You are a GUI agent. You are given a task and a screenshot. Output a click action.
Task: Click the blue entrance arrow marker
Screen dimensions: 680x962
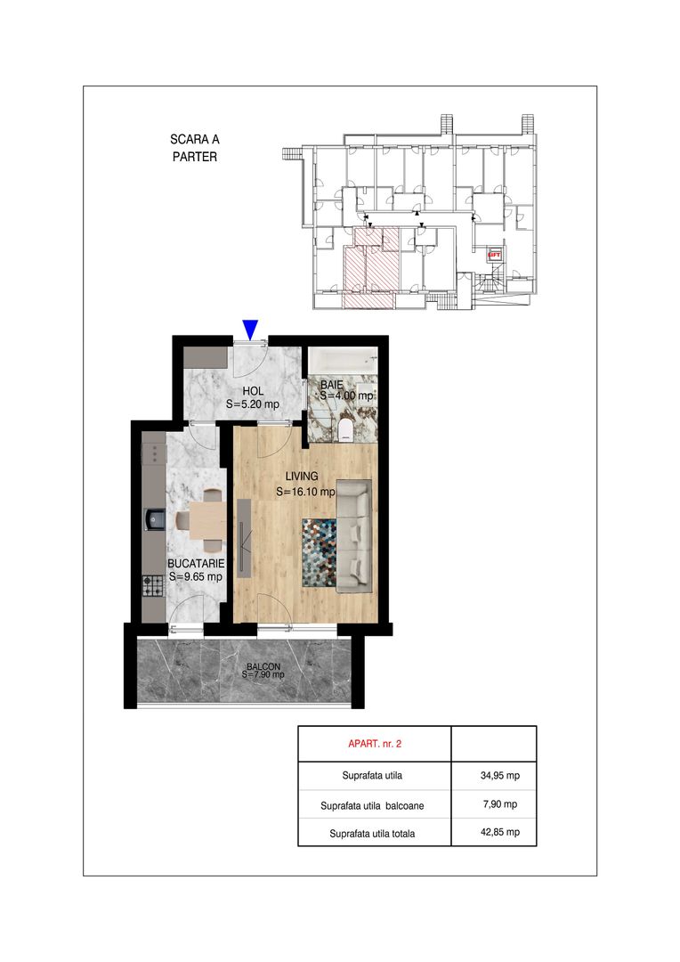(249, 330)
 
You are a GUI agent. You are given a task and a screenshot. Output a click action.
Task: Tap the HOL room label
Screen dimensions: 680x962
(253, 391)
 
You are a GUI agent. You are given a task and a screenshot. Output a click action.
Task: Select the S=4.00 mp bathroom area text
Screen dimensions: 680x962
(346, 395)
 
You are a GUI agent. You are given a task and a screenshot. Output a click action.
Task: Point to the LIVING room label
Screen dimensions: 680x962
(302, 476)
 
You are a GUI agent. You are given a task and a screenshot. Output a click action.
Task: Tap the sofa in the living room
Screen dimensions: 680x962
(354, 536)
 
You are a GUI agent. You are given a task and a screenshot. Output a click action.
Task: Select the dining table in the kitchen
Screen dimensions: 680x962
(207, 521)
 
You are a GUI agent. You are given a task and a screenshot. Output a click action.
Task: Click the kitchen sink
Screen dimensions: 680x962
(154, 519)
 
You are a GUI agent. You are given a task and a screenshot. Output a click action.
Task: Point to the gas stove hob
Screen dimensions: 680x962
(154, 586)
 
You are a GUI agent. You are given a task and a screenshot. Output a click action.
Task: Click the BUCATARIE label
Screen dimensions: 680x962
(196, 563)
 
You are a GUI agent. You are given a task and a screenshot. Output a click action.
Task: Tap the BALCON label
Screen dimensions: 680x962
(263, 667)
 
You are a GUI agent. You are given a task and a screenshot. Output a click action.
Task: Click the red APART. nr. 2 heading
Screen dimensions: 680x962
(375, 744)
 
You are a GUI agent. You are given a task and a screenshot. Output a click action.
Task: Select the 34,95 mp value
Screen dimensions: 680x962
(499, 776)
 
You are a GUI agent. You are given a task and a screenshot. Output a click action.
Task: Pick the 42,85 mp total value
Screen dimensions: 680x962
(499, 832)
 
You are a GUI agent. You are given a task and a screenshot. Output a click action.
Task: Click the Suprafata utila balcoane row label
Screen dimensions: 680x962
(372, 805)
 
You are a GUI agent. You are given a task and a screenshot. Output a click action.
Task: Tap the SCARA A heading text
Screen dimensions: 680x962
(194, 139)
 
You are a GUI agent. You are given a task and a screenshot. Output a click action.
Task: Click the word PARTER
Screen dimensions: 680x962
(194, 157)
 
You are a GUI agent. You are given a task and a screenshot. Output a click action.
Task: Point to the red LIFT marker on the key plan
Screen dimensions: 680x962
(494, 255)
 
